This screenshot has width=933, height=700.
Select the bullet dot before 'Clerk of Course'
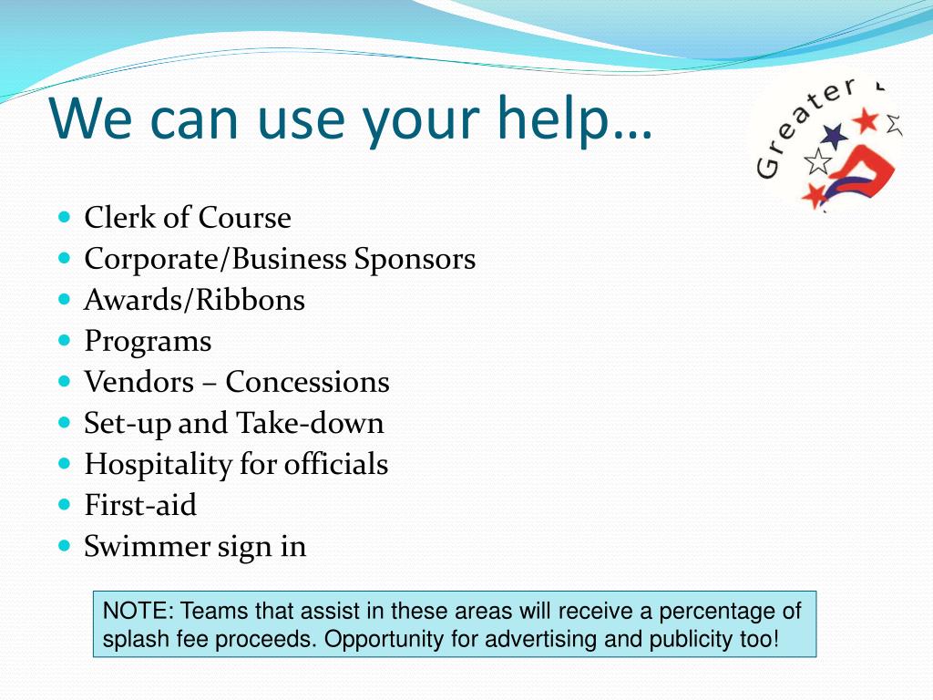point(64,218)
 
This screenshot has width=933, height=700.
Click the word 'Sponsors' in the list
point(415,259)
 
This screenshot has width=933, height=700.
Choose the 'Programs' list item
point(148,342)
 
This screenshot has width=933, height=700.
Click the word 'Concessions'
point(307,382)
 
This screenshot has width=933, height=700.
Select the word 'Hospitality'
point(158,465)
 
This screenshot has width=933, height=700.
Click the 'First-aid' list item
point(140,505)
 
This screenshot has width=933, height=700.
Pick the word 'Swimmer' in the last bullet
point(147,546)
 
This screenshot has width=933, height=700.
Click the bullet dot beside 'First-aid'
point(64,503)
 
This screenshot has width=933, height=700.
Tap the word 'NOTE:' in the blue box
point(138,611)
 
